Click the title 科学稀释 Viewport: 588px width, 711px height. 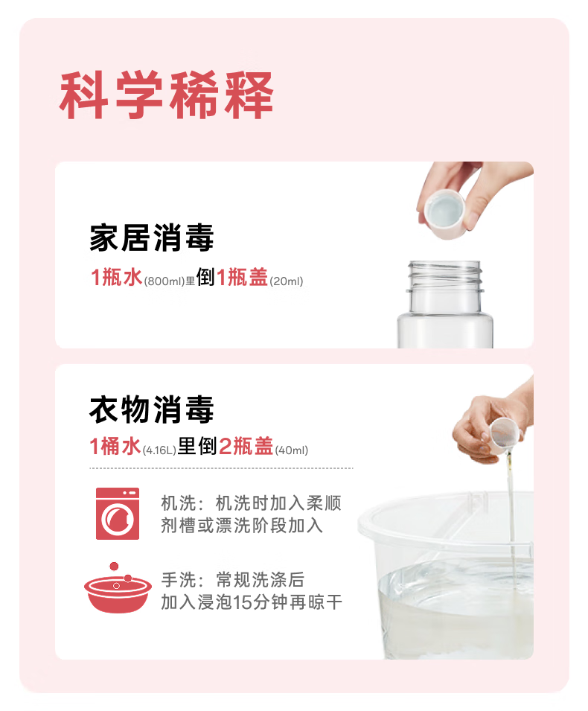pyautogui.click(x=166, y=95)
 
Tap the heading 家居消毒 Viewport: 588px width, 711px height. pyautogui.click(x=151, y=237)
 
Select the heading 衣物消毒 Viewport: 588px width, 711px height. pyautogui.click(x=151, y=409)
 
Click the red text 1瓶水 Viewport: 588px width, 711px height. pyautogui.click(x=117, y=277)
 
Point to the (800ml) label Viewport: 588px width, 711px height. pyautogui.click(x=164, y=281)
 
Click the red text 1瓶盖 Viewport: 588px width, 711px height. pyautogui.click(x=242, y=277)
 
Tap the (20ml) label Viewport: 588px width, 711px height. pyautogui.click(x=287, y=281)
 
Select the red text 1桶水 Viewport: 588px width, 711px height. pyautogui.click(x=115, y=446)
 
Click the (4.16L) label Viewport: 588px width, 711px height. pyautogui.click(x=159, y=450)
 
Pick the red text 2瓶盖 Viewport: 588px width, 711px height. pyautogui.click(x=246, y=446)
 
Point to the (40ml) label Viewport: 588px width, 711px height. pyautogui.click(x=292, y=450)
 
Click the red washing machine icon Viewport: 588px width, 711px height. pyautogui.click(x=118, y=513)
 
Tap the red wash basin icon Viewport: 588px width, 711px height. pyautogui.click(x=118, y=589)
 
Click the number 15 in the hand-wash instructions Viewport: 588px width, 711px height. pyautogui.click(x=243, y=602)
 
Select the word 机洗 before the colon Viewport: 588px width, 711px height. pyautogui.click(x=179, y=503)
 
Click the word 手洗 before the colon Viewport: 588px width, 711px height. pyautogui.click(x=179, y=579)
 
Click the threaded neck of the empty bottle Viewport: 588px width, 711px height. pyautogui.click(x=445, y=276)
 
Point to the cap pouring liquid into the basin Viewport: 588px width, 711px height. pyautogui.click(x=505, y=436)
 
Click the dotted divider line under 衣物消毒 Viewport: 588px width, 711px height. pyautogui.click(x=221, y=468)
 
